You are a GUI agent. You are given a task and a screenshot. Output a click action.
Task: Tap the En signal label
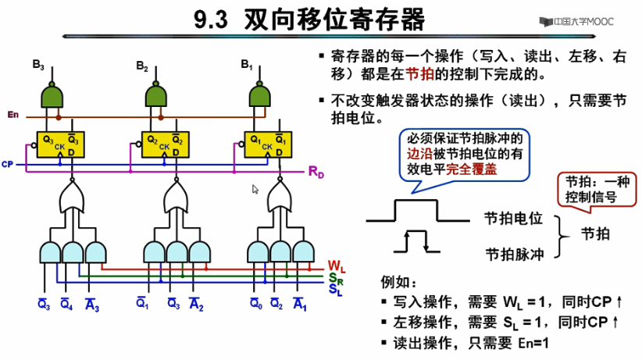coord(12,116)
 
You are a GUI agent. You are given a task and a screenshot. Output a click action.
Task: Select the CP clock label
coord(7,165)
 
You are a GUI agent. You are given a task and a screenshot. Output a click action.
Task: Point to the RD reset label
coord(316,171)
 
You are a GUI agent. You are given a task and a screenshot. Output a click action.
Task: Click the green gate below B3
coord(53,96)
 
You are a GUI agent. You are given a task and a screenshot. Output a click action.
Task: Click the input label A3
coord(91,305)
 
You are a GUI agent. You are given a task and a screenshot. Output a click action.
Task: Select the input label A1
coord(299,305)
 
